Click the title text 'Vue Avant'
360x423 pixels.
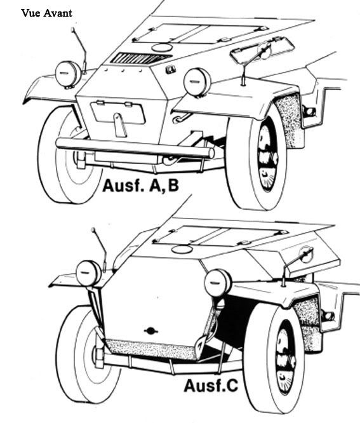(x=46, y=13)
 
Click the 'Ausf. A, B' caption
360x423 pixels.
(x=140, y=186)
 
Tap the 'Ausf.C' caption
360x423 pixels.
(x=211, y=386)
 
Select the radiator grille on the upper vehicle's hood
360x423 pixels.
(x=141, y=58)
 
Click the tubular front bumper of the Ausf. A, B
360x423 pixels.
(x=135, y=148)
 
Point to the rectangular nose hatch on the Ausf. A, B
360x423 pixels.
(x=118, y=112)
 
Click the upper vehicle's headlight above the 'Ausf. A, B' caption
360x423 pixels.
(x=197, y=82)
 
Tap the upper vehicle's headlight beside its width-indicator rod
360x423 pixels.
(x=68, y=74)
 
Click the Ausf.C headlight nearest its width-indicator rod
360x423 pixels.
(x=88, y=273)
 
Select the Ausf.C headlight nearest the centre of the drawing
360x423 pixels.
(x=218, y=283)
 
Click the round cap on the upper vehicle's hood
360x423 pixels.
(x=162, y=48)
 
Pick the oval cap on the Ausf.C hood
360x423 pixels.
(x=182, y=250)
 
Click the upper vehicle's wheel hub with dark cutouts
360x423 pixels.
(x=267, y=156)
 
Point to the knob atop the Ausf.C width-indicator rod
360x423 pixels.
(x=94, y=230)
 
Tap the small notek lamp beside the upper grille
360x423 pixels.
(x=170, y=70)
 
